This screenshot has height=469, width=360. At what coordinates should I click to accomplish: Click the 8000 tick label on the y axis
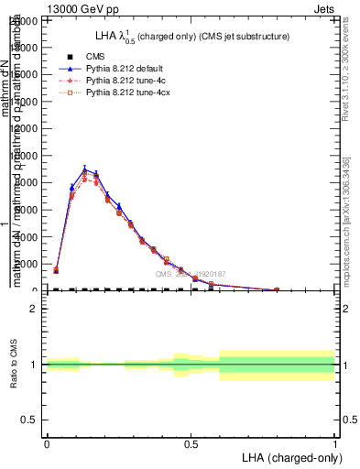pos(27,182)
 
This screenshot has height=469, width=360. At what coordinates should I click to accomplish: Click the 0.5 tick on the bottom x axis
pos(191,444)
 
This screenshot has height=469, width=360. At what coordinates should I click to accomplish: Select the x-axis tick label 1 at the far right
pos(334,444)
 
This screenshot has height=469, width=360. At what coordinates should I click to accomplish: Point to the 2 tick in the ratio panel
pos(34,310)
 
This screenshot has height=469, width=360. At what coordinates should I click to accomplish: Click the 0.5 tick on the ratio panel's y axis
pos(29,420)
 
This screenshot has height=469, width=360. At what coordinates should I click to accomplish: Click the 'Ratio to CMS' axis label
pos(14,365)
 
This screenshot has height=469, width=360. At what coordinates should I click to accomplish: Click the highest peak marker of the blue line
pos(84,169)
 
